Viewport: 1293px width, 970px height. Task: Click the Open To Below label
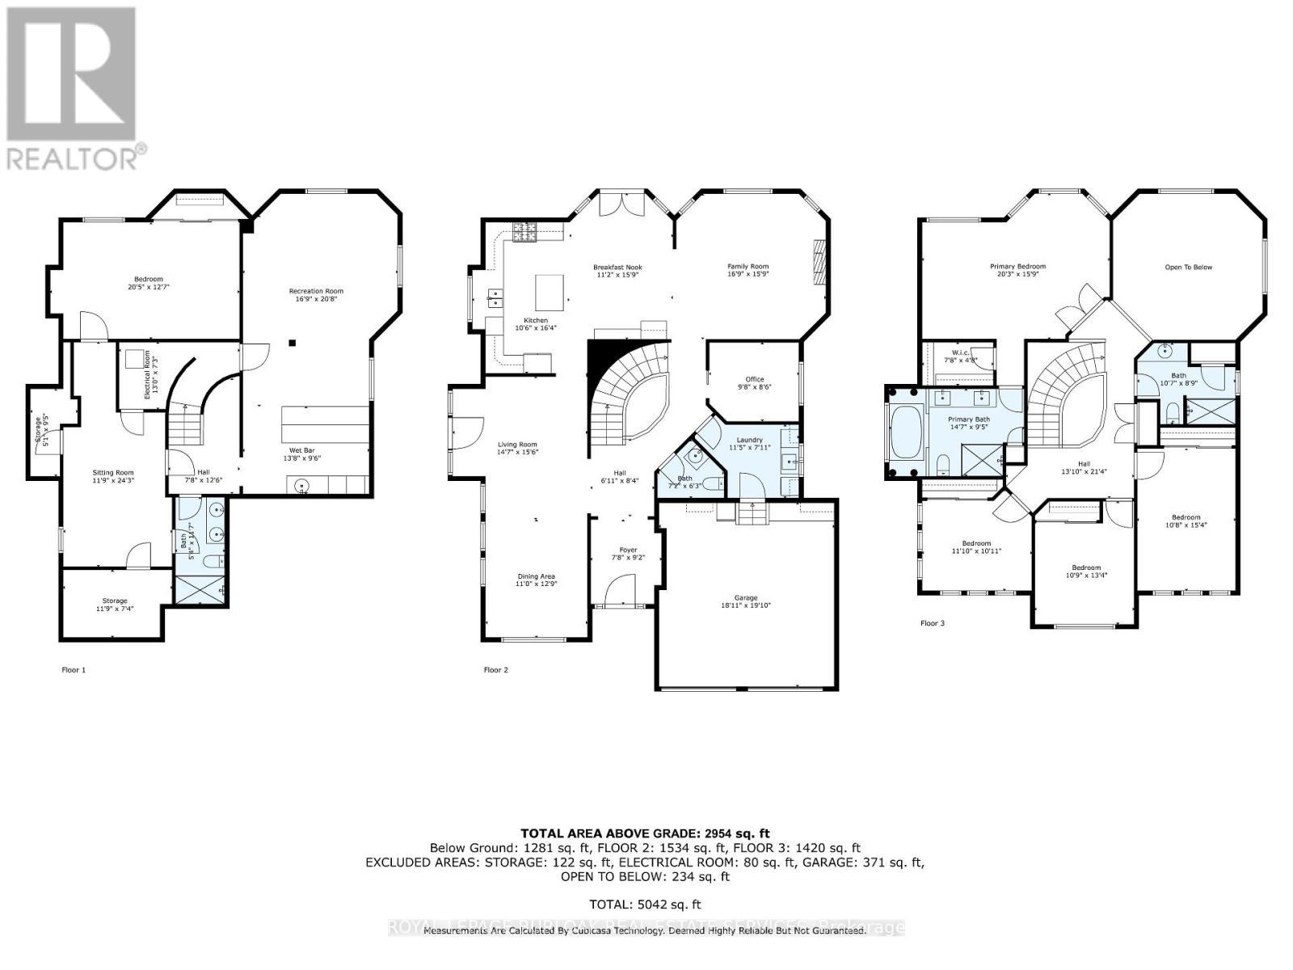tap(1187, 268)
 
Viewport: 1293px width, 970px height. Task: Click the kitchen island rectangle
tap(550, 292)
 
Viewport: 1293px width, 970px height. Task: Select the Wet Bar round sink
tap(301, 486)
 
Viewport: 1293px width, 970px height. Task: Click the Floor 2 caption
tap(495, 669)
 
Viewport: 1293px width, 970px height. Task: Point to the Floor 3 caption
tap(932, 623)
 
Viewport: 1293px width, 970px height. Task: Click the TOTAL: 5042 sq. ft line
tap(645, 905)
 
